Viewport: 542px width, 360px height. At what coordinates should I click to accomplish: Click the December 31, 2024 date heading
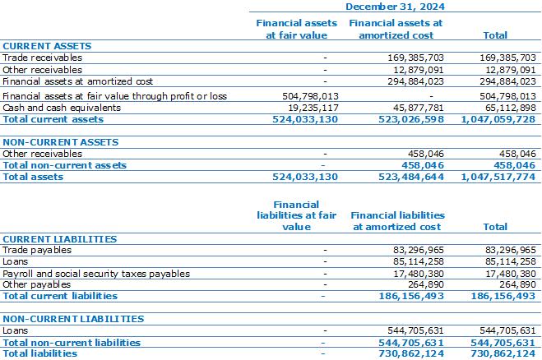click(x=395, y=7)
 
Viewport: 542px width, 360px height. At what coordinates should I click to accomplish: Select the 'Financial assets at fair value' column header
click(x=297, y=29)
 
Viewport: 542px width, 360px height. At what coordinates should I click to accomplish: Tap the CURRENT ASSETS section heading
click(x=47, y=46)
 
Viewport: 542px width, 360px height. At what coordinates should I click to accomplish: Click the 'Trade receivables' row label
click(x=42, y=58)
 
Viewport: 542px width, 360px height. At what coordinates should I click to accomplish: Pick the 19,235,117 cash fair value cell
click(x=313, y=108)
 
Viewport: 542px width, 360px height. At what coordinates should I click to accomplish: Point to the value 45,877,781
click(x=419, y=108)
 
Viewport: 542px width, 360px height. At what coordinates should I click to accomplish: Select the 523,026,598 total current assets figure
click(x=411, y=119)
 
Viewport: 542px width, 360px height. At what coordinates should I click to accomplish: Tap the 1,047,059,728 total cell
click(x=498, y=119)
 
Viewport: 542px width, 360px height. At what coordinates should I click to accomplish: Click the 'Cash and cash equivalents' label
click(x=62, y=108)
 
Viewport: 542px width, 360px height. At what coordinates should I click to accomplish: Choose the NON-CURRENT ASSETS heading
click(x=61, y=142)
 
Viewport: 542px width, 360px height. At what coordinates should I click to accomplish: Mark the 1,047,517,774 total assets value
click(x=498, y=177)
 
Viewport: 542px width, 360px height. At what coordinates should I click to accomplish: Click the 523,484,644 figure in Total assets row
click(x=411, y=177)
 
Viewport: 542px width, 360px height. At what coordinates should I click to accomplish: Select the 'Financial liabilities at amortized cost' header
click(x=397, y=221)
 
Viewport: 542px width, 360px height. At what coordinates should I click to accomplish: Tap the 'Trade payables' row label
click(x=37, y=250)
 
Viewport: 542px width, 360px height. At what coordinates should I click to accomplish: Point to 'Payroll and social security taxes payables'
click(x=96, y=274)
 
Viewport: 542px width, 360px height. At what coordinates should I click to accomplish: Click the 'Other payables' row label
click(x=37, y=284)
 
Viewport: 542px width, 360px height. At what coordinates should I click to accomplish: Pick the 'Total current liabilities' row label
click(x=60, y=296)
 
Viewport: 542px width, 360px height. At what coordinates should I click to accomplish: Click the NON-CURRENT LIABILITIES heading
click(x=73, y=319)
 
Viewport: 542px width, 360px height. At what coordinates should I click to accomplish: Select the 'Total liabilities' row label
click(x=40, y=353)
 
